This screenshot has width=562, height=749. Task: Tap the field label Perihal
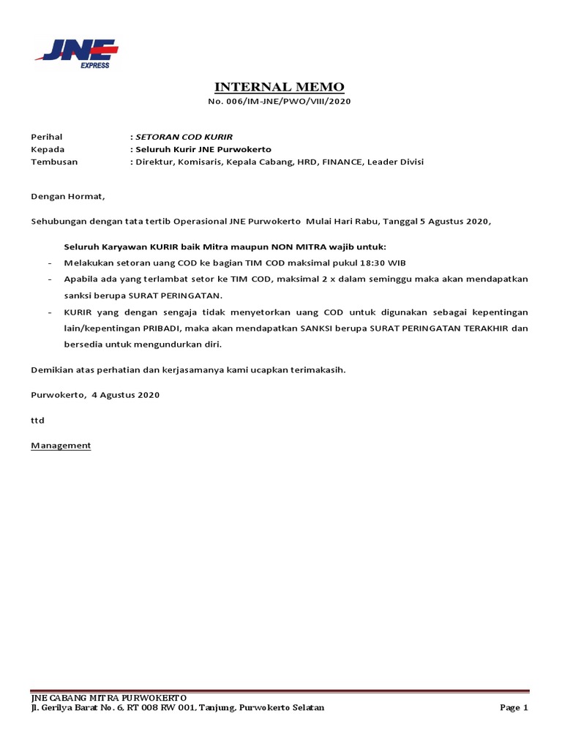46,137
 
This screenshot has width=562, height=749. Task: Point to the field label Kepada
47,149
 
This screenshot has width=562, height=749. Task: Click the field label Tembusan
53,162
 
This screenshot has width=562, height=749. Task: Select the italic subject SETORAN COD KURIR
184,137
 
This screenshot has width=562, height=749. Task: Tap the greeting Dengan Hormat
67,196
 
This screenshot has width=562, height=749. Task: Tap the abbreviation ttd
37,421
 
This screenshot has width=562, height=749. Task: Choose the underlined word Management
61,445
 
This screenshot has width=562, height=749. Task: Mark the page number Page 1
514,707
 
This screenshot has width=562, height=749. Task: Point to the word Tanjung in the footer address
214,707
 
